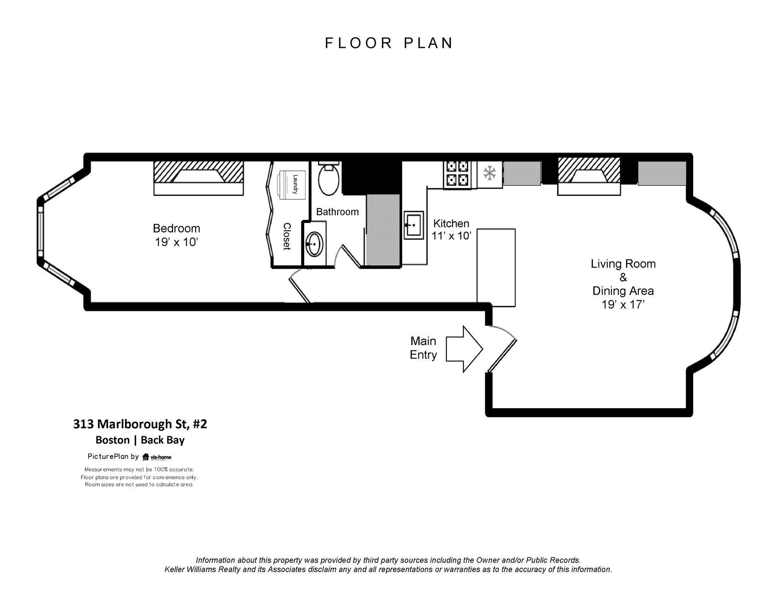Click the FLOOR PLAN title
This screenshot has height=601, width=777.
point(388,43)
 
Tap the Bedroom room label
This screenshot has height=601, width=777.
point(176,228)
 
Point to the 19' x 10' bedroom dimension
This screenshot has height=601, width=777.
point(176,242)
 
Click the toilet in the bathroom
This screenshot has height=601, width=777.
point(329,179)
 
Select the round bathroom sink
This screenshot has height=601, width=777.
point(315,244)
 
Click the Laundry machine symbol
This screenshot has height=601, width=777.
point(292,185)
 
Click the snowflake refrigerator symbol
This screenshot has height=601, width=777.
point(489,173)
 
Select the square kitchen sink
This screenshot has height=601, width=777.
point(414,225)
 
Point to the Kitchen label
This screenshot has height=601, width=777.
point(451,223)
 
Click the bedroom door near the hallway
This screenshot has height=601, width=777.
point(300,287)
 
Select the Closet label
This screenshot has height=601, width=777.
point(287,236)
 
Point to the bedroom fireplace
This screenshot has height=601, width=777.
point(198,177)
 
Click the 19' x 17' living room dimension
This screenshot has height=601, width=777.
point(623,304)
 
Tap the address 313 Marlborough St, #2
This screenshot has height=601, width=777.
point(140,424)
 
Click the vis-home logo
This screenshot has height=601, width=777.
point(157,457)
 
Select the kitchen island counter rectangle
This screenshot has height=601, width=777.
point(496,267)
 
